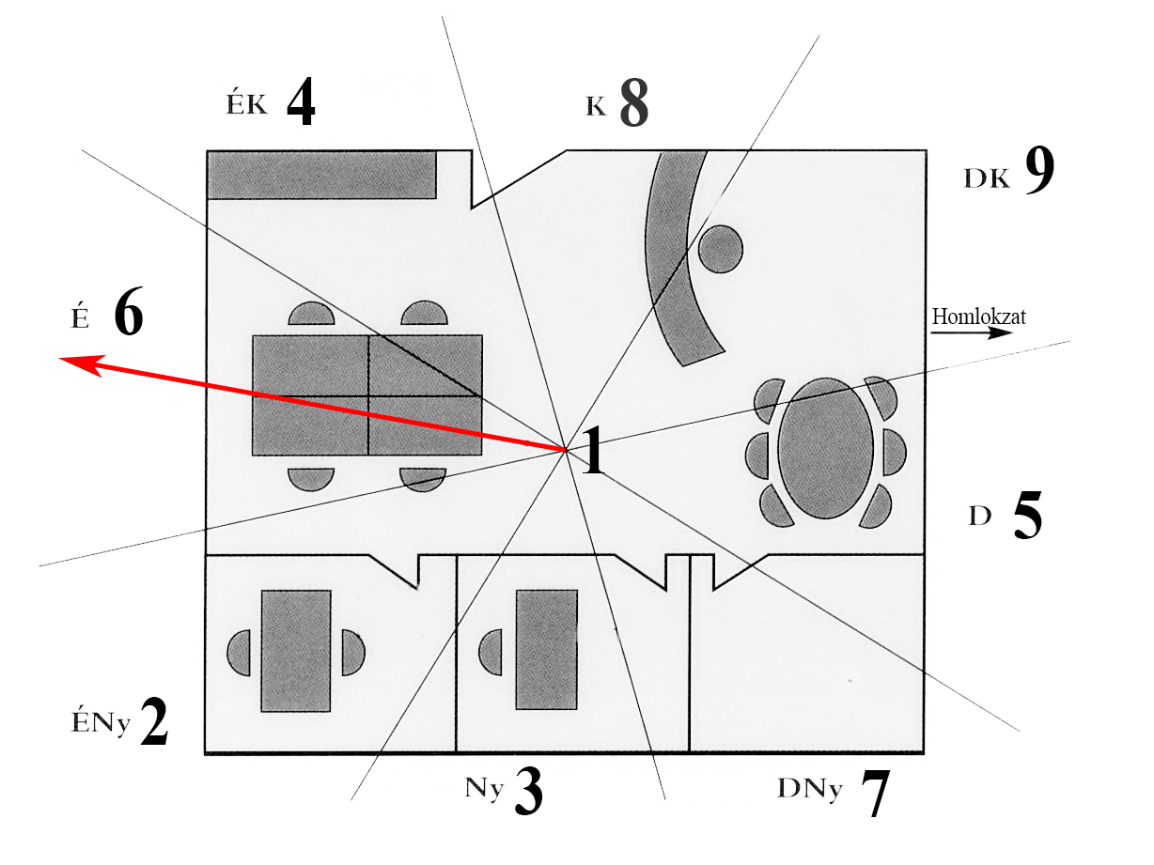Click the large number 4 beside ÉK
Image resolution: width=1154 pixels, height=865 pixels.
[301, 104]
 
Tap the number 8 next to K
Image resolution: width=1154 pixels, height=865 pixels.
[633, 104]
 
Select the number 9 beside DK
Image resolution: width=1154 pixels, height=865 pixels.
[1039, 172]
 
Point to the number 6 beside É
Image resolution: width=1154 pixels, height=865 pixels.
[129, 314]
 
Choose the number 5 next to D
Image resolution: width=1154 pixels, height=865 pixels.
[1028, 517]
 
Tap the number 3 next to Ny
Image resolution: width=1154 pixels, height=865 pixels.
[528, 791]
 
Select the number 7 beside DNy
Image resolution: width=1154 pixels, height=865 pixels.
[874, 795]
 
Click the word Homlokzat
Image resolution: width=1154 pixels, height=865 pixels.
[978, 317]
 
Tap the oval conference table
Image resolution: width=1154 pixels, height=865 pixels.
[826, 449]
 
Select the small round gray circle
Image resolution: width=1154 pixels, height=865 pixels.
[721, 249]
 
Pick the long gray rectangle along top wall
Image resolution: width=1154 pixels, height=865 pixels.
[321, 176]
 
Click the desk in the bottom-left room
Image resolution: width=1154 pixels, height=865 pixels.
[296, 650]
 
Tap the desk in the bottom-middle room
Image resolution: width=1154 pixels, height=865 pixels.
[546, 650]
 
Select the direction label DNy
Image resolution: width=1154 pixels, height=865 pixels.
[809, 790]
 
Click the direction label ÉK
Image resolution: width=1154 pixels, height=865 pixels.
[246, 104]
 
